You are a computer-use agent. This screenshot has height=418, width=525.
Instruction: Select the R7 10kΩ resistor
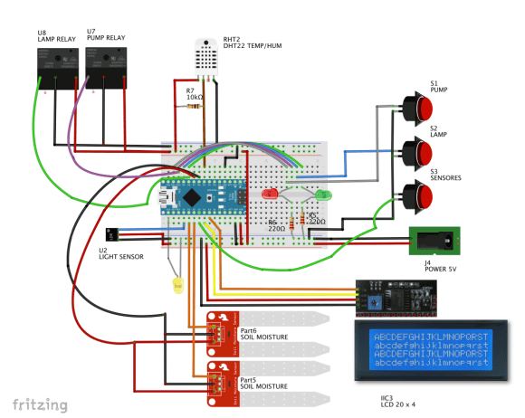[x=194, y=107]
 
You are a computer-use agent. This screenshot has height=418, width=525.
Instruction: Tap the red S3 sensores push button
[x=418, y=192]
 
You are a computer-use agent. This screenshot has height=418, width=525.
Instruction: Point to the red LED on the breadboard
[x=270, y=194]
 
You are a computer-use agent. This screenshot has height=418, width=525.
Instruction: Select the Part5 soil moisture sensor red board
[x=222, y=380]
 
